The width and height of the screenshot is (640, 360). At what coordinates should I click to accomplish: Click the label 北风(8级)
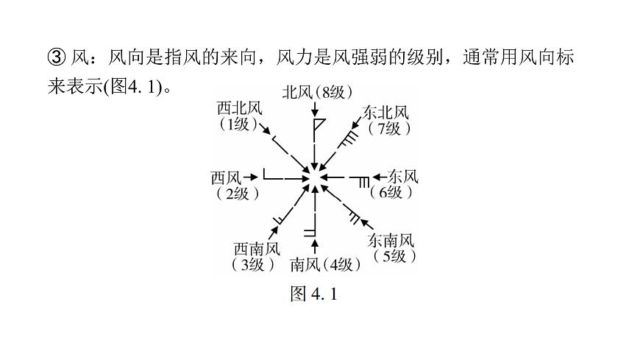pos(317,93)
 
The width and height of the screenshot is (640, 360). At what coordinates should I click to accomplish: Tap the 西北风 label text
pos(239,109)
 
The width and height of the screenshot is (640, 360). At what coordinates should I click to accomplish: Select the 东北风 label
pos(385,113)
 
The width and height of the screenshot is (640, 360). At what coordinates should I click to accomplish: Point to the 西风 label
pos(226,178)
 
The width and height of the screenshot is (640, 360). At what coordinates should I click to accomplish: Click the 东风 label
pos(403,177)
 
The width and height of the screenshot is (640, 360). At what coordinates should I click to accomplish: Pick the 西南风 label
pos(257,249)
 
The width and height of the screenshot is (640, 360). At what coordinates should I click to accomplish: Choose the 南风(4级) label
pos(325,265)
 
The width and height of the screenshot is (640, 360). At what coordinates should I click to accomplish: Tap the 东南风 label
pos(391,240)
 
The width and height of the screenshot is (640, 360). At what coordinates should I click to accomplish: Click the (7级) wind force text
pos(389,129)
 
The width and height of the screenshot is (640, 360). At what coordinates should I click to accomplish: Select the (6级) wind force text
pos(391,192)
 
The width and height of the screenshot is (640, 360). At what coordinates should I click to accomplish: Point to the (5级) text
pos(394,256)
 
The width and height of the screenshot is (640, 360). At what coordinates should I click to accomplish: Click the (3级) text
pos(253,265)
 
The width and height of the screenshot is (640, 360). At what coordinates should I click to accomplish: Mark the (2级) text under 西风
pos(238,194)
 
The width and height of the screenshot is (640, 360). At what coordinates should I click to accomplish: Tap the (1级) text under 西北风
pos(239,124)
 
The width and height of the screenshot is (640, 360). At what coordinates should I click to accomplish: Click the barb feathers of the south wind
pos(310,233)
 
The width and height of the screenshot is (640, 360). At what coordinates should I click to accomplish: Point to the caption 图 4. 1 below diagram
pos(314,294)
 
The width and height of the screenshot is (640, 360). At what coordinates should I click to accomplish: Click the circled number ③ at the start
pos(57,57)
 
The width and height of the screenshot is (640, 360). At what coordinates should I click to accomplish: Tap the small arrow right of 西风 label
pos(251,177)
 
